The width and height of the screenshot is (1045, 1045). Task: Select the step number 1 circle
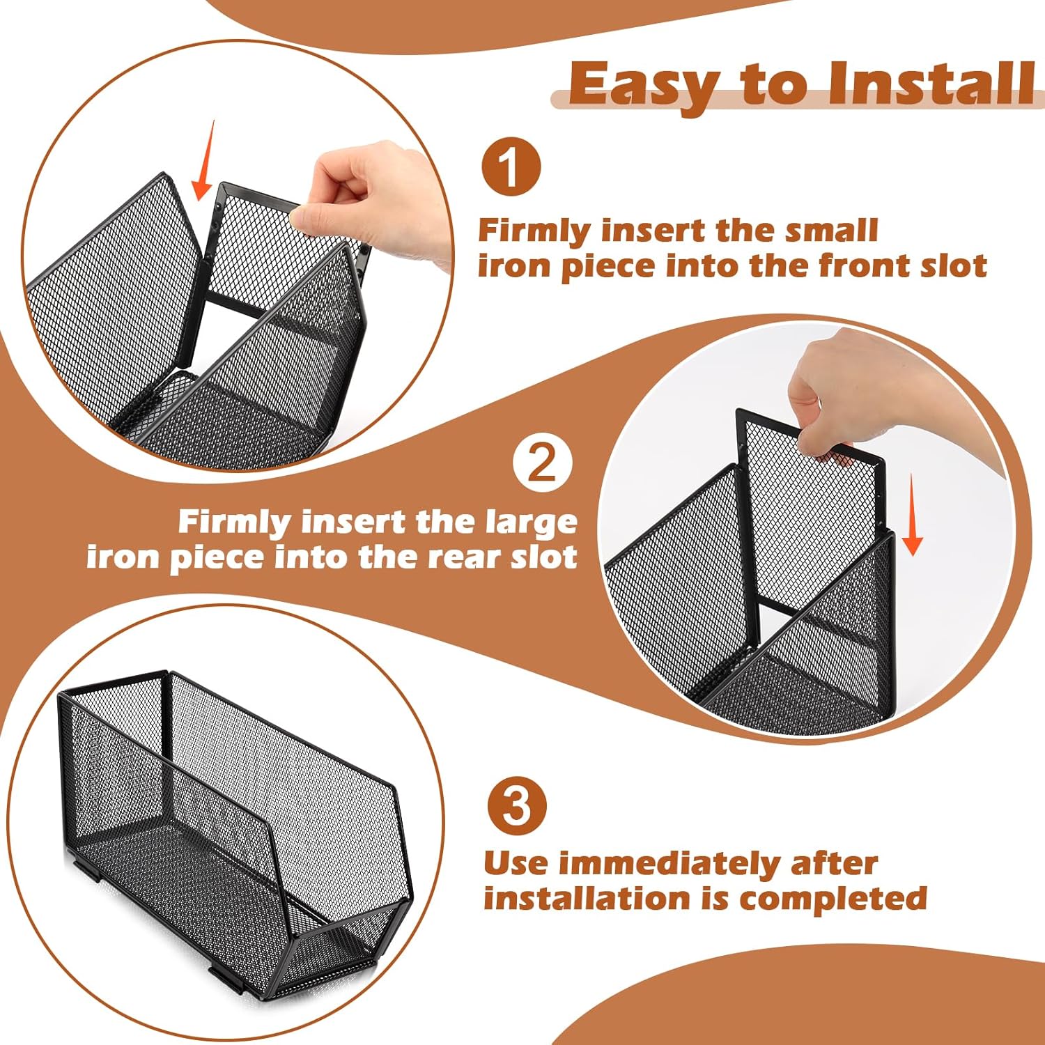[511, 167]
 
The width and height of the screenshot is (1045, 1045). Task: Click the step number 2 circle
[543, 462]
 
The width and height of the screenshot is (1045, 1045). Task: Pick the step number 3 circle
[516, 805]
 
